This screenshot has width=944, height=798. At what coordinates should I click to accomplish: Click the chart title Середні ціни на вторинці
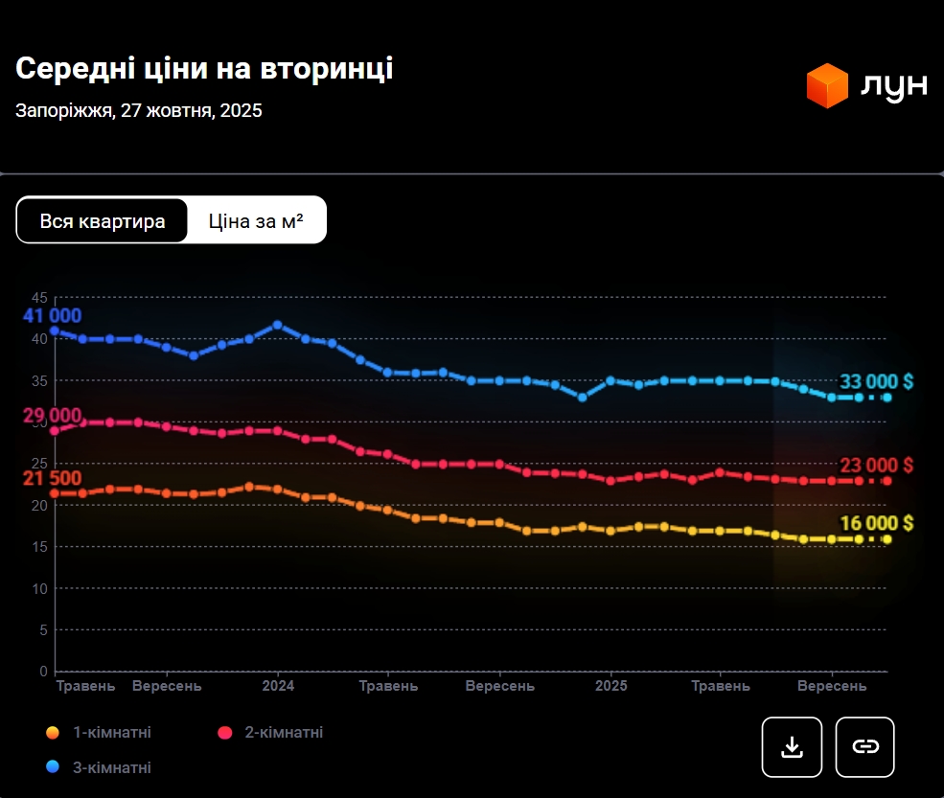pyautogui.click(x=204, y=69)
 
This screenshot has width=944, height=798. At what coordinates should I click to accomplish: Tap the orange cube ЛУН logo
pyautogui.click(x=827, y=85)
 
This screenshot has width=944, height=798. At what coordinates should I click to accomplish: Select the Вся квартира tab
pyautogui.click(x=103, y=221)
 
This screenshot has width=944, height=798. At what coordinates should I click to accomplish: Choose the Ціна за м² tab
pyautogui.click(x=256, y=221)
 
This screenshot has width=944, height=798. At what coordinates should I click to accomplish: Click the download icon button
pyautogui.click(x=792, y=746)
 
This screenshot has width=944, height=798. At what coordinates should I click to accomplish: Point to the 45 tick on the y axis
pyautogui.click(x=38, y=297)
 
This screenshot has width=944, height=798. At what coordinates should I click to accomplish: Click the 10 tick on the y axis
pyautogui.click(x=38, y=588)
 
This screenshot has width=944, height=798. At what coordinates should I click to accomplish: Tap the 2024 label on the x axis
pyautogui.click(x=278, y=687)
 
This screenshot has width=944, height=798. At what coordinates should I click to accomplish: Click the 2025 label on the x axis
pyautogui.click(x=610, y=687)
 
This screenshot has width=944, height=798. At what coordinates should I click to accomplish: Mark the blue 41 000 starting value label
pyautogui.click(x=53, y=316)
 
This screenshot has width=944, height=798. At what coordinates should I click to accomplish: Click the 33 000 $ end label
pyautogui.click(x=876, y=382)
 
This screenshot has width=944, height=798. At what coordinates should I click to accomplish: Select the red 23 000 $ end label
pyautogui.click(x=876, y=466)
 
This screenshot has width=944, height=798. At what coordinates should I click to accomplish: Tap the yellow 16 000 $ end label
pyautogui.click(x=876, y=523)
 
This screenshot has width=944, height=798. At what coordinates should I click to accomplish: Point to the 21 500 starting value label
pyautogui.click(x=53, y=478)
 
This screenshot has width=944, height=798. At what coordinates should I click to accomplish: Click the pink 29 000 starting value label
pyautogui.click(x=53, y=415)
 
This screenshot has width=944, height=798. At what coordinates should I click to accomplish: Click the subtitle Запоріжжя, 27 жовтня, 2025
pyautogui.click(x=139, y=110)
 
